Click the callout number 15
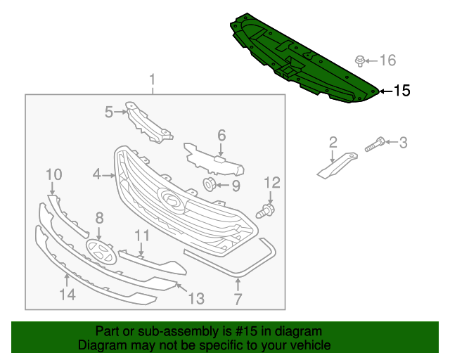point(402,91)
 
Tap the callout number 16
point(388,60)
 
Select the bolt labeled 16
point(360,61)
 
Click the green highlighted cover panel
point(304,58)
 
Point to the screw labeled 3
point(375,144)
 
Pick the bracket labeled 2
point(337,165)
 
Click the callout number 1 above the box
point(153,79)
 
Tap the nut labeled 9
point(210,184)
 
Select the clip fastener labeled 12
point(266,211)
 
